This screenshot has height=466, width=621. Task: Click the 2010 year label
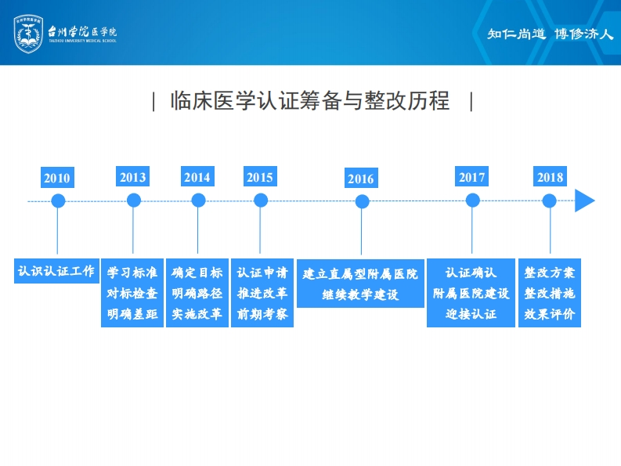coord(57,178)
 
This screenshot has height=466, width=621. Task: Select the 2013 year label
coord(133,177)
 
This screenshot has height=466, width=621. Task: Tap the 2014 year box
coord(197,177)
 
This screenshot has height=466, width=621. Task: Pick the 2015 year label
coord(260,177)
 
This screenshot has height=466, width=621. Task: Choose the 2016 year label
coord(361,179)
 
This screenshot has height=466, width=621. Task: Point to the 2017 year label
coord(472,177)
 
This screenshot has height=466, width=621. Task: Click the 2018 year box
coord(550,177)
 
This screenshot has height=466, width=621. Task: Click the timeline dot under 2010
coord(58,200)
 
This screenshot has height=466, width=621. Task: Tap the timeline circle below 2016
coord(362,201)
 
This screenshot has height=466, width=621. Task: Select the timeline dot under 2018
coord(550,200)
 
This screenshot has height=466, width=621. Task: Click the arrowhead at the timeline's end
coord(584,200)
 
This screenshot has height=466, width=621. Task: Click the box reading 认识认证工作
coord(56,272)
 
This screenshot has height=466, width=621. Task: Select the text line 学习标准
coord(132,273)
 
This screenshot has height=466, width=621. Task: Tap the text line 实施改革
coord(197,314)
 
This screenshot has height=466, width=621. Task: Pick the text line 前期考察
coord(262,314)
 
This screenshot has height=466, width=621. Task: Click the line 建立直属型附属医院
coord(360,275)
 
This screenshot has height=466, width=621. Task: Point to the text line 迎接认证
coord(471,314)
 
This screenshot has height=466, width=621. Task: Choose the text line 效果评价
coord(550,314)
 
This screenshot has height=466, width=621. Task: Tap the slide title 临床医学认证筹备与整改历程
coord(310,102)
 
